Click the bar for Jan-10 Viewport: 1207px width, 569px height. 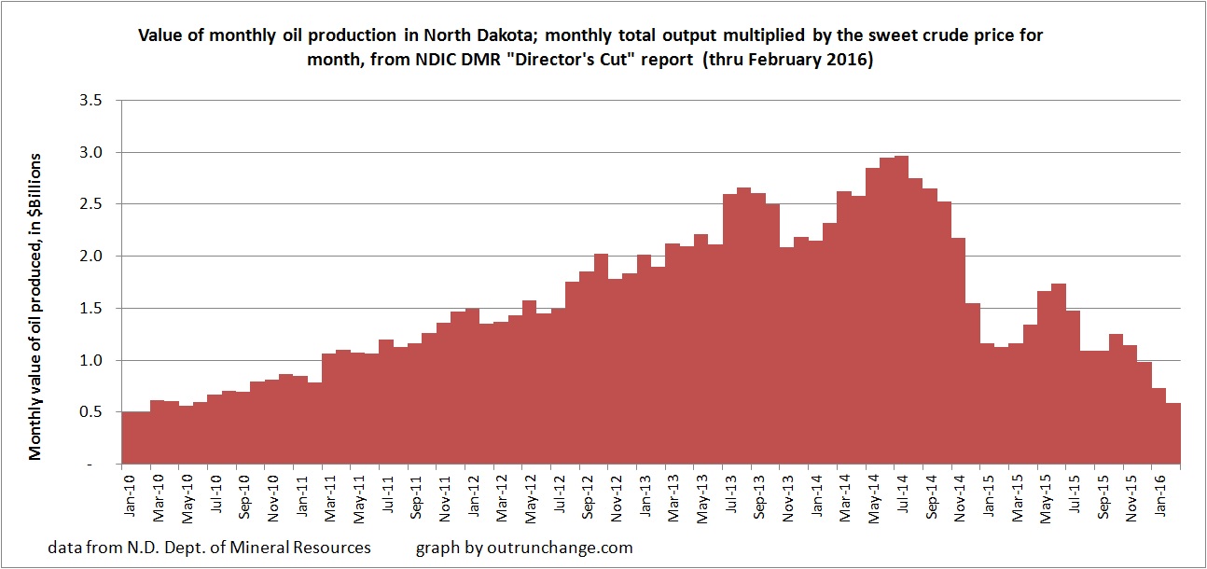(x=129, y=437)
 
